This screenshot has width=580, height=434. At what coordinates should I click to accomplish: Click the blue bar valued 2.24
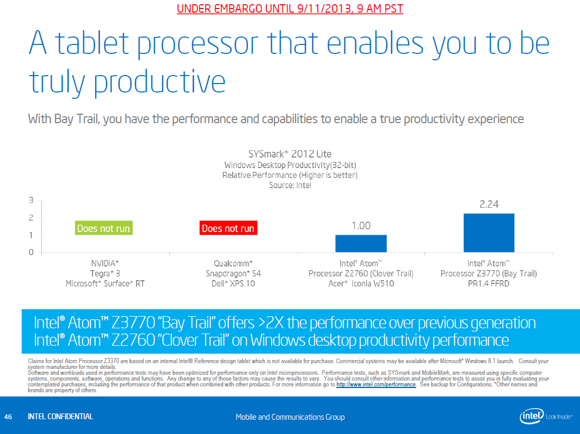click(489, 233)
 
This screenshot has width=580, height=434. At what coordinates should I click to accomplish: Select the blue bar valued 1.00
click(361, 244)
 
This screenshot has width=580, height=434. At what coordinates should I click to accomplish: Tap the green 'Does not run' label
click(103, 228)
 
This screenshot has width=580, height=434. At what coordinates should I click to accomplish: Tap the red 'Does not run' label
click(228, 228)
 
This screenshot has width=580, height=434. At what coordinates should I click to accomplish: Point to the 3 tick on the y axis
click(31, 200)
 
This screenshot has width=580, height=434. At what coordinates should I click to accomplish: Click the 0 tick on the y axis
click(31, 252)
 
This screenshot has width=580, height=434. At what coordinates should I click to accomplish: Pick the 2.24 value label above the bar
click(489, 205)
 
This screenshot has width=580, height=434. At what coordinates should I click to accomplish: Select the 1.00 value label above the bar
click(361, 226)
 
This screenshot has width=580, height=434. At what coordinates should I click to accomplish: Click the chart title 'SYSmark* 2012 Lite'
click(290, 154)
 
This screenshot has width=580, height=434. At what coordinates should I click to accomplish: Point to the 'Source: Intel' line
click(290, 186)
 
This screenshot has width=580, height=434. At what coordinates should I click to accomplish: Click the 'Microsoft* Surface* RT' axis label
click(105, 284)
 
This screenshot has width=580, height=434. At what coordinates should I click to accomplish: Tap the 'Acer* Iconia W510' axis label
click(361, 284)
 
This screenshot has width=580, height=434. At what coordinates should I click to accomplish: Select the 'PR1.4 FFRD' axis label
click(489, 284)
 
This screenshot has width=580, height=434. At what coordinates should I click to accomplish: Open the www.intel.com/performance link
click(376, 385)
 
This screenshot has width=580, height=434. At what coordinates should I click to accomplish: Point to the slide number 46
click(8, 417)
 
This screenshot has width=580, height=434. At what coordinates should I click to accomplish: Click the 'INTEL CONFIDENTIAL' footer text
click(60, 417)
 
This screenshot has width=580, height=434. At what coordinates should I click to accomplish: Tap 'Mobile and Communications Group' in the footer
click(290, 417)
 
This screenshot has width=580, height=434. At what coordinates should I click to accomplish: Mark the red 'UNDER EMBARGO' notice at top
click(290, 9)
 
